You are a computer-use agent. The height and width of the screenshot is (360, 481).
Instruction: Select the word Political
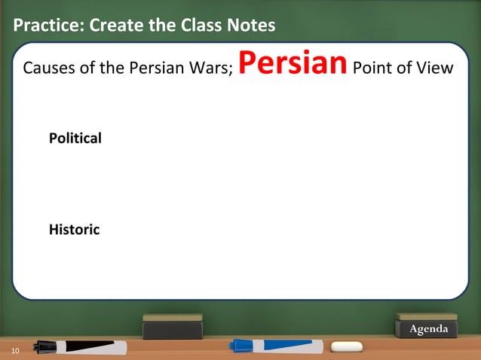(x=75, y=139)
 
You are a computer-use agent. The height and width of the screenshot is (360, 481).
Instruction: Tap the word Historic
(x=74, y=230)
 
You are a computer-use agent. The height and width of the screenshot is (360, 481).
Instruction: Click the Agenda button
(x=427, y=329)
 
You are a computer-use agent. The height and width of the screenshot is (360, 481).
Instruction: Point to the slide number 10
(x=15, y=351)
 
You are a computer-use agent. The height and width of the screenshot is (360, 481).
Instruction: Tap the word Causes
(x=49, y=69)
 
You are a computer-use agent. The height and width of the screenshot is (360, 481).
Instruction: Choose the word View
(x=435, y=69)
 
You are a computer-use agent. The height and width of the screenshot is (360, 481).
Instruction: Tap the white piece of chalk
(x=347, y=347)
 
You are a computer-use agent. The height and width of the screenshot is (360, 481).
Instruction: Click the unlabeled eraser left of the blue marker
(x=173, y=326)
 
